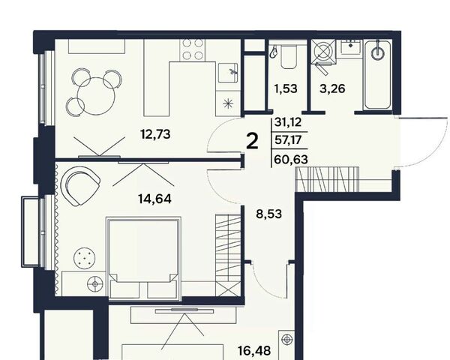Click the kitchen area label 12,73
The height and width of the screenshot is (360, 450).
pos(155,134)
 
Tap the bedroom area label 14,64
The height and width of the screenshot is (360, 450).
pos(154,199)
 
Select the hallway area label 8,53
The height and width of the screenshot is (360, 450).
pos(269,214)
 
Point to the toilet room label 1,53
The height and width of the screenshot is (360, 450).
pos(286,88)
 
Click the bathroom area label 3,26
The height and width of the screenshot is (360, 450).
pos(332,88)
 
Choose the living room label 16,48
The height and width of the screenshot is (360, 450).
pos(254,351)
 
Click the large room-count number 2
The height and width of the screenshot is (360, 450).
pos(253,142)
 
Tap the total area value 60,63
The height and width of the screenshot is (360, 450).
pos(291,159)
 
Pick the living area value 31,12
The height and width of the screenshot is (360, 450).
pos(288,122)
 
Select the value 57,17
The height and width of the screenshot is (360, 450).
pos(288,140)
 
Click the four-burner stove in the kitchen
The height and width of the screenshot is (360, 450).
pos(193,49)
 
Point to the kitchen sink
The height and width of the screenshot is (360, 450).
pos(228,73)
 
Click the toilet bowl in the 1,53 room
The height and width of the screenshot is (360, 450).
pos(289,58)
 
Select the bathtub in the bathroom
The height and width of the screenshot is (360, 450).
pos(378,75)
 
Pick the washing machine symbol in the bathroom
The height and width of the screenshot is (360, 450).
pos(324,51)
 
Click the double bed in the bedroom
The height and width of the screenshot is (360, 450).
pos(143,258)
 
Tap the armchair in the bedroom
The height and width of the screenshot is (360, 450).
pos(81,186)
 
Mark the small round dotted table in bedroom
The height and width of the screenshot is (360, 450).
pos(84,258)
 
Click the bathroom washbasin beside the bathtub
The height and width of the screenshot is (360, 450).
pos(350,46)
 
